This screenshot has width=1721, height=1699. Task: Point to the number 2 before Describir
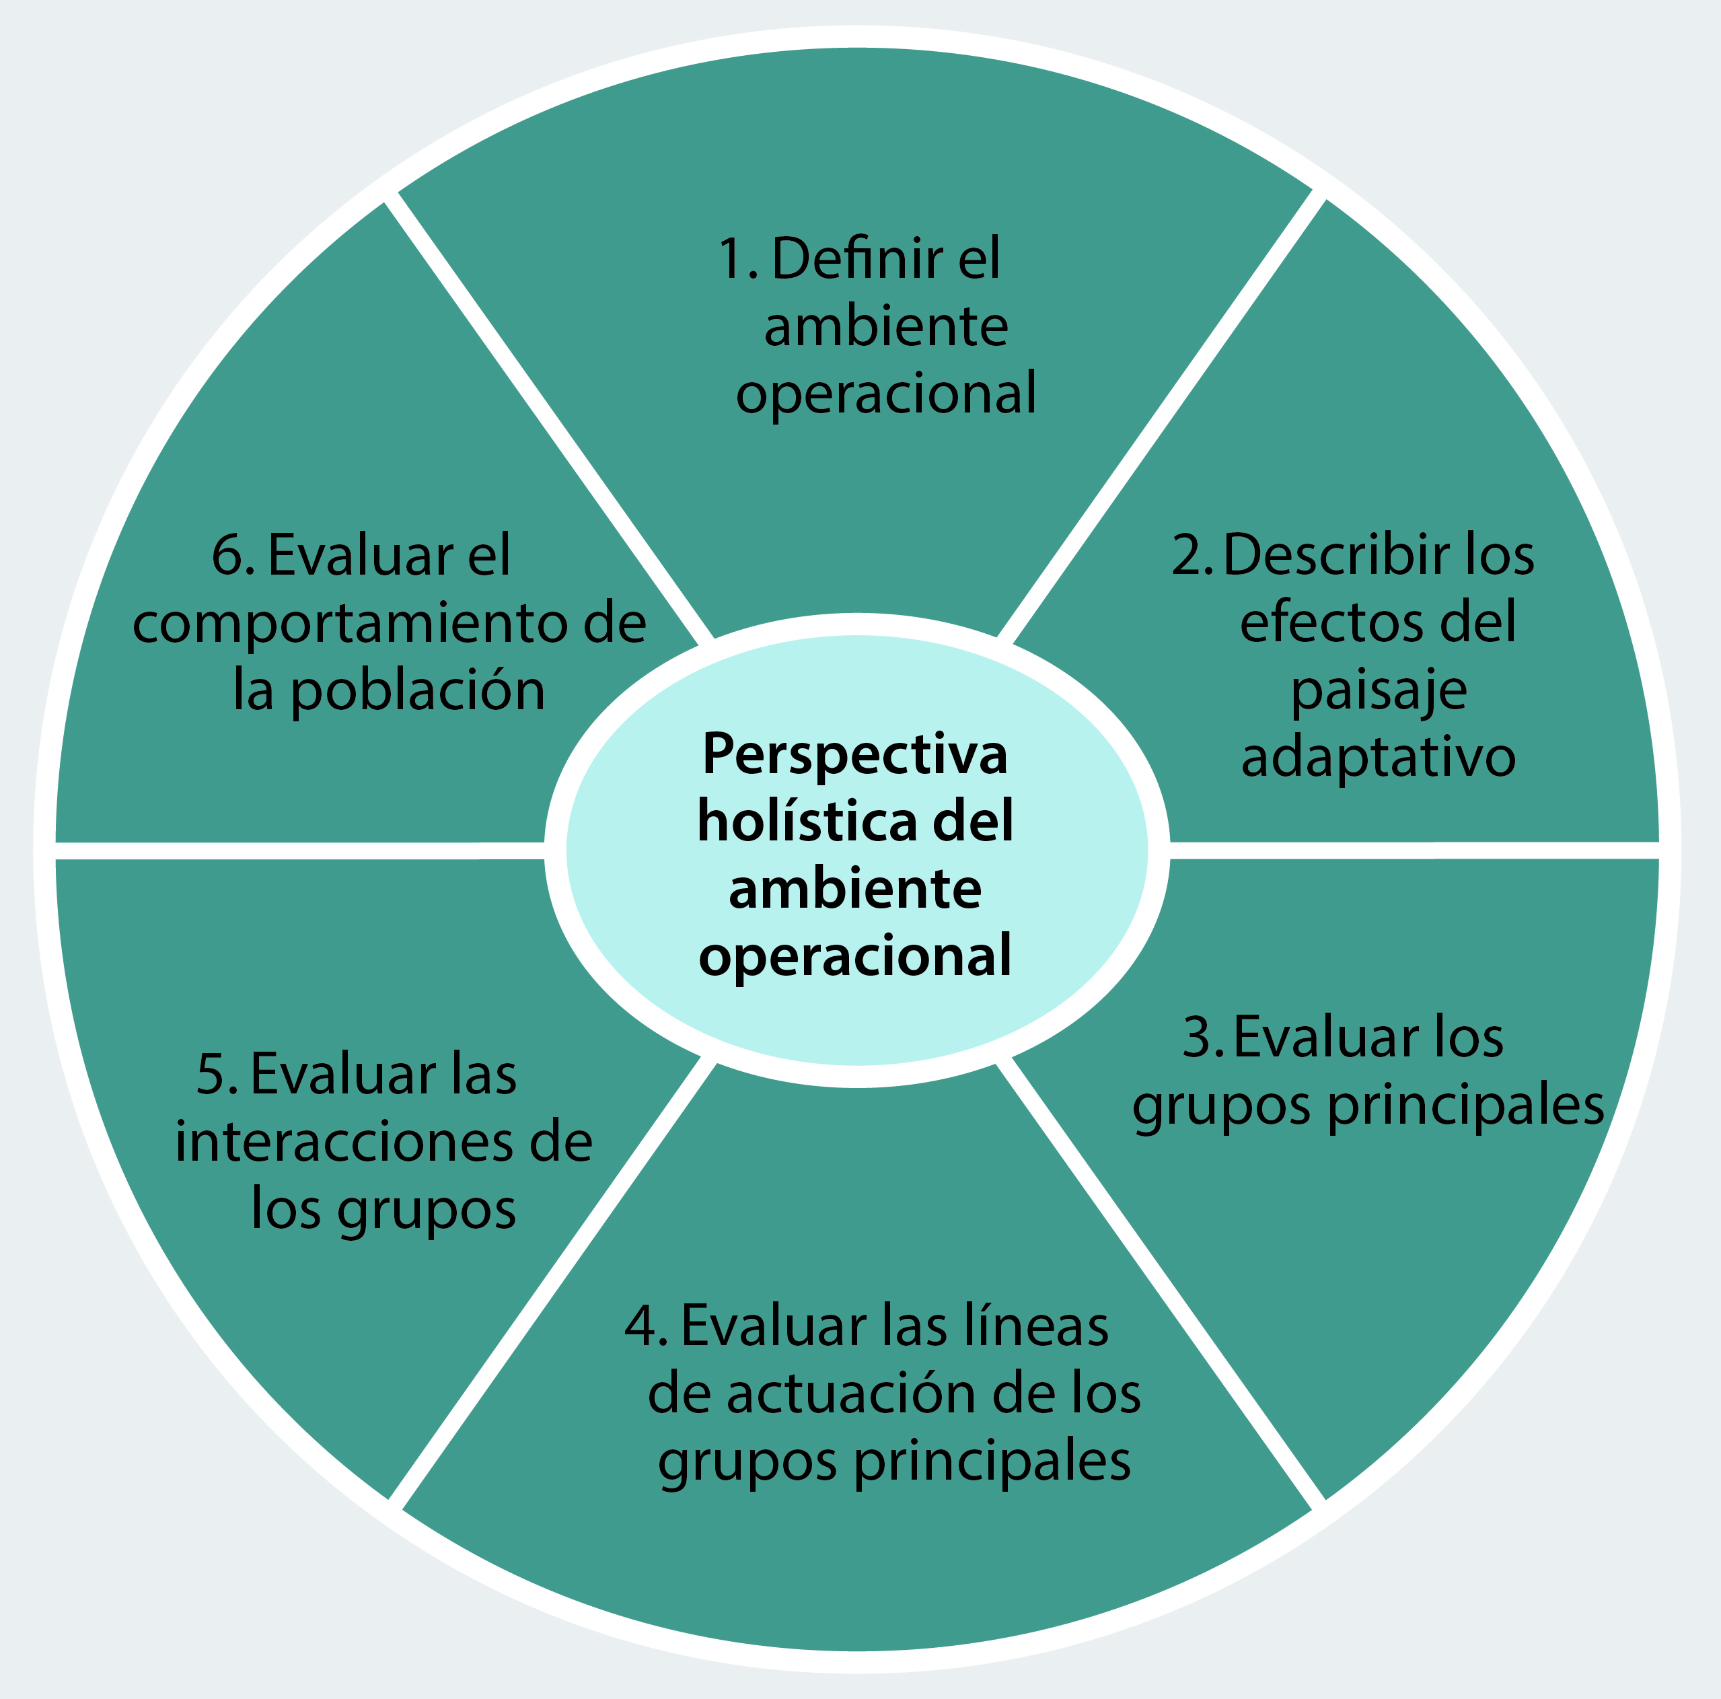[x=1187, y=555]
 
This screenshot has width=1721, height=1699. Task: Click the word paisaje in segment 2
[x=1378, y=690]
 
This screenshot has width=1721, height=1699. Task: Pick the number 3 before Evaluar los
[x=1198, y=1038]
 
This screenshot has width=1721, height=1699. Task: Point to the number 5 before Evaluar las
[x=214, y=1075]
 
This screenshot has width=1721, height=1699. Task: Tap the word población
[x=418, y=691]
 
